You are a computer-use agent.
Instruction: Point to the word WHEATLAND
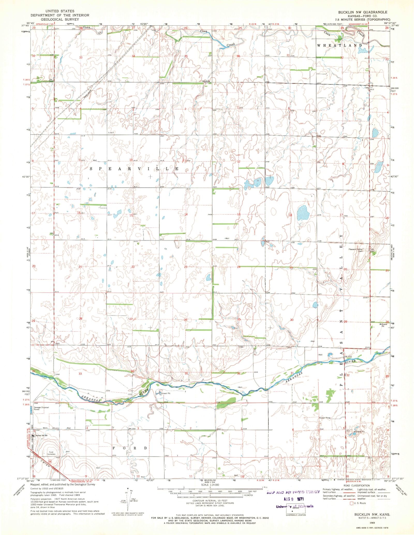pos(339,45)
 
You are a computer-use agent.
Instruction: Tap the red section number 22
pos(133,267)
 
